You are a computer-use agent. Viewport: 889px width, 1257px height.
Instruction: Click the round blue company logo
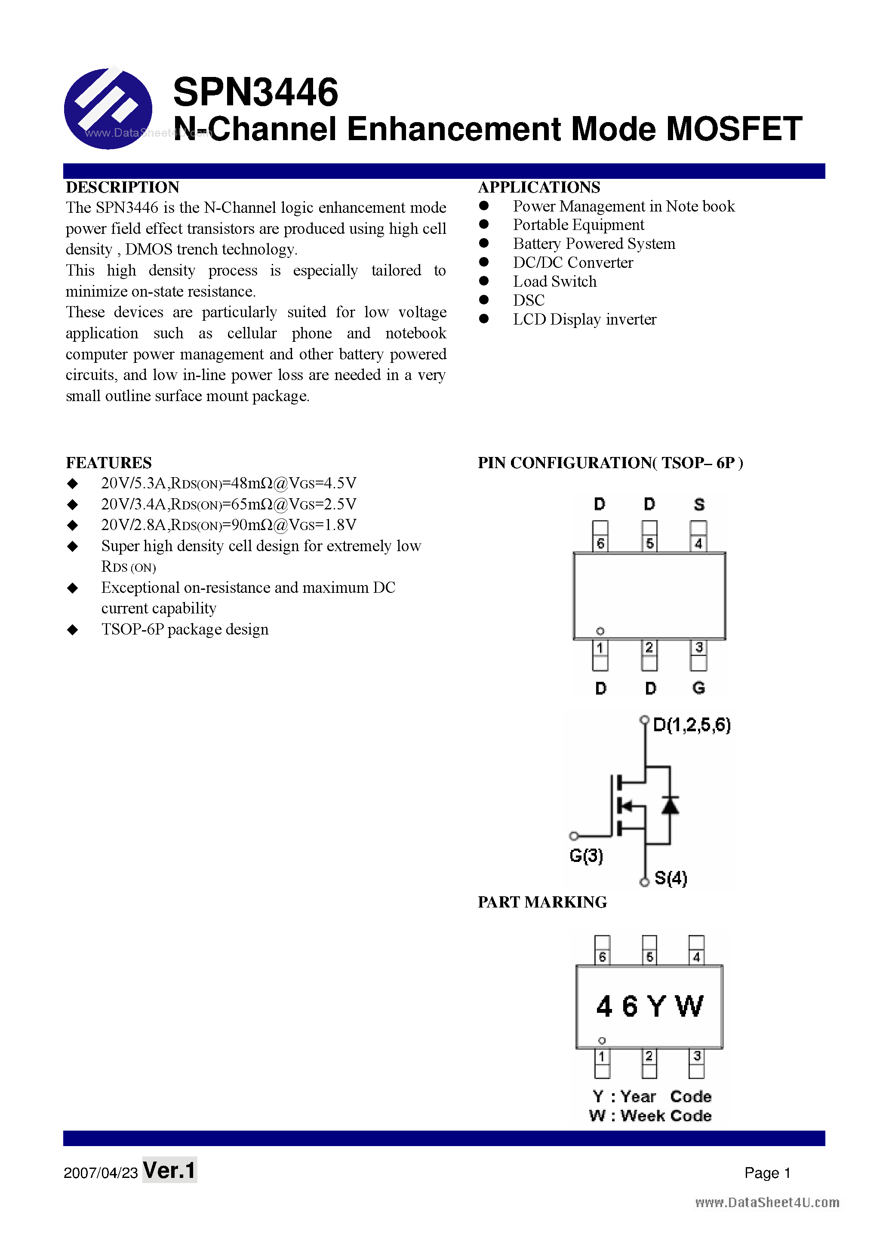pos(108,108)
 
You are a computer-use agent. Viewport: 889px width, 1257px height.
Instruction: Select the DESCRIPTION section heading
pos(123,187)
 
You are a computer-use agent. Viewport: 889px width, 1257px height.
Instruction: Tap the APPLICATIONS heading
pos(539,187)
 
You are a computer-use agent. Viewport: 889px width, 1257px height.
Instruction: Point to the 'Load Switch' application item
pos(554,282)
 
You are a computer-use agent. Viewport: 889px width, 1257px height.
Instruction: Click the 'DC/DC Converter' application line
pos(572,263)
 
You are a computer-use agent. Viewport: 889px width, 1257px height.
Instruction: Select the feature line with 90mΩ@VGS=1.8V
pos(228,525)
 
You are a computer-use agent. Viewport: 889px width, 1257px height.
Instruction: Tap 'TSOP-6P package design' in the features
pos(185,630)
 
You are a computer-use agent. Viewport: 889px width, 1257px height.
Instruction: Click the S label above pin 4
pos(699,504)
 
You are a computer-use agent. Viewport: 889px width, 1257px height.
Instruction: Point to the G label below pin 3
pos(698,688)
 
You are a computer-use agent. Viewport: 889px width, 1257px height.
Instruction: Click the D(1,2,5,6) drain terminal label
pos(692,725)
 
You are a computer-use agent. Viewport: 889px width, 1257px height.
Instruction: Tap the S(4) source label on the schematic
pos(671,878)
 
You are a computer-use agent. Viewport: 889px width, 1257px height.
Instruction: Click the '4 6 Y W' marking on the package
pos(649,1006)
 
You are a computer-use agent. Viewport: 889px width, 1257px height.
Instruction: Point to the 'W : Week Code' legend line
pos(650,1116)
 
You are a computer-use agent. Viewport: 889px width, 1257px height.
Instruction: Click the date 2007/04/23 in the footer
pos(101,1173)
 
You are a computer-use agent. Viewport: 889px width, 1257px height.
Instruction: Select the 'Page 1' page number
pos(767,1173)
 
